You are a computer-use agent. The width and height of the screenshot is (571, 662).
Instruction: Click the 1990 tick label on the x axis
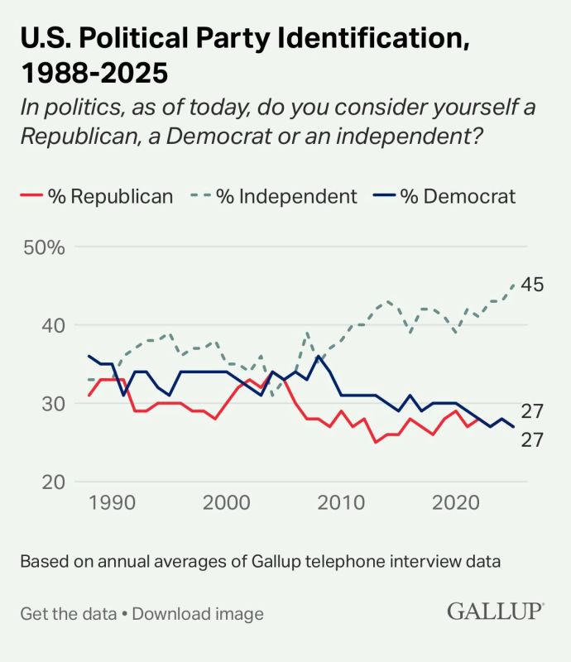(112, 503)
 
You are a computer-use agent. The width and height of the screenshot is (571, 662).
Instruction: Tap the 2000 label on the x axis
(226, 503)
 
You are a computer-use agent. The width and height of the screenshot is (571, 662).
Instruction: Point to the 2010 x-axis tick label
(340, 503)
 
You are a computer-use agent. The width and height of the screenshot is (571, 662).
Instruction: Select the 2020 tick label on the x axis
(454, 503)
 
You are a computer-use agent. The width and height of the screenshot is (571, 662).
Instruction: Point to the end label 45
(532, 285)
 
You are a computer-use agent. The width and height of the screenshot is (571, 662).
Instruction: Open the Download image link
(198, 614)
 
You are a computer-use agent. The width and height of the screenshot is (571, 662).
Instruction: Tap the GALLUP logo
(496, 612)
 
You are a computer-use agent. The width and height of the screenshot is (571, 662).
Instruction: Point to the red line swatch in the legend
(30, 197)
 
